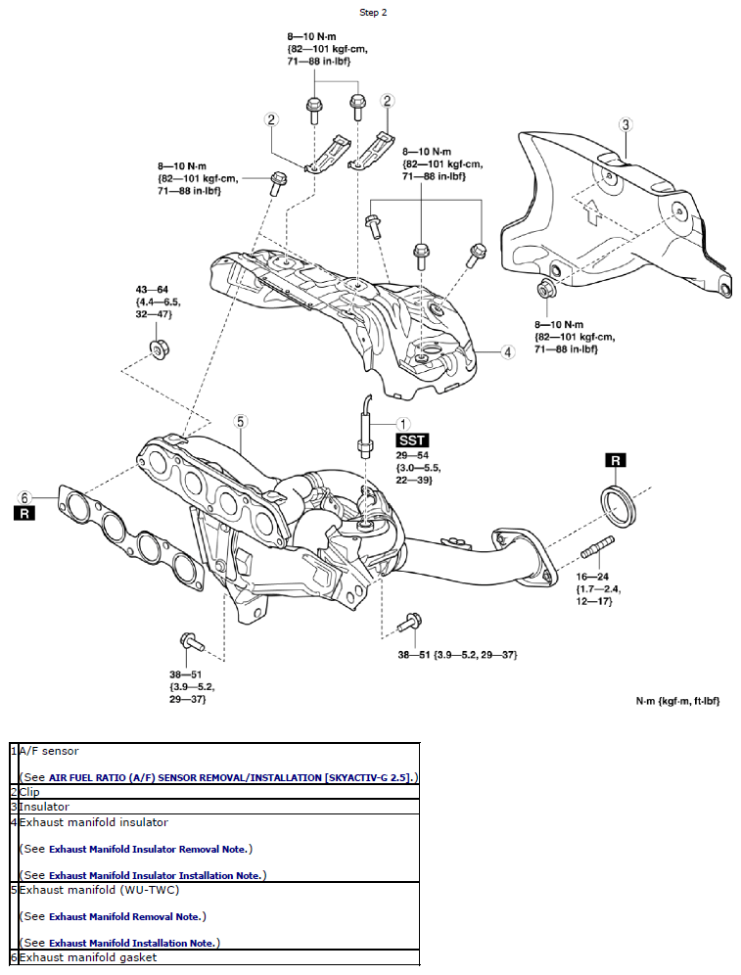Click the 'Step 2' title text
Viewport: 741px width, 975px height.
click(373, 13)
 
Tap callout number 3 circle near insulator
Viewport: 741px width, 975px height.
click(626, 124)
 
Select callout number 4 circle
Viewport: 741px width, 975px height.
click(508, 352)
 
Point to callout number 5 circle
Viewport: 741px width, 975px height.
click(240, 421)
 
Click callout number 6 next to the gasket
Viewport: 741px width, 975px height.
click(25, 496)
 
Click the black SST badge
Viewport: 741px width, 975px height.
click(412, 441)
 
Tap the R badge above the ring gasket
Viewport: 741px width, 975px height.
click(615, 460)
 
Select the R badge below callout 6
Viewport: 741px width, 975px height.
click(25, 512)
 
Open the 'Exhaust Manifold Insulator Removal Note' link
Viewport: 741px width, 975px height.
click(149, 849)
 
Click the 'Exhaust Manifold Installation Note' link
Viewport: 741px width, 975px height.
click(131, 943)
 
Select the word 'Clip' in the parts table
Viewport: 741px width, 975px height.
click(29, 791)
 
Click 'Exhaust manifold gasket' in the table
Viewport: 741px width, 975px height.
click(87, 957)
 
